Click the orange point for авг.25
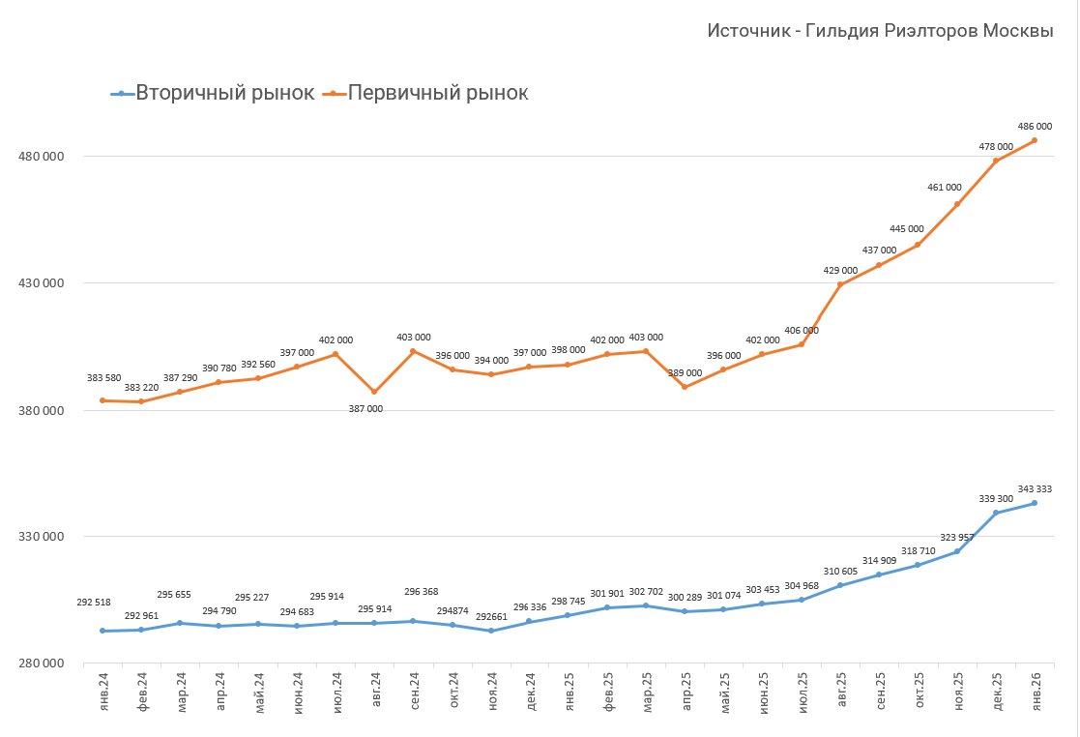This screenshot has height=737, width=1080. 840,285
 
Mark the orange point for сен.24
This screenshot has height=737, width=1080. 414,351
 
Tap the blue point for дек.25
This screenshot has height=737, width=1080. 996,513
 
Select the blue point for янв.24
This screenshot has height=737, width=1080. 102,631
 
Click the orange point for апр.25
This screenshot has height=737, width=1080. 685,387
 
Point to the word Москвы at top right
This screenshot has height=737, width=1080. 1018,31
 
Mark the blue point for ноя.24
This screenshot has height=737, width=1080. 491,631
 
